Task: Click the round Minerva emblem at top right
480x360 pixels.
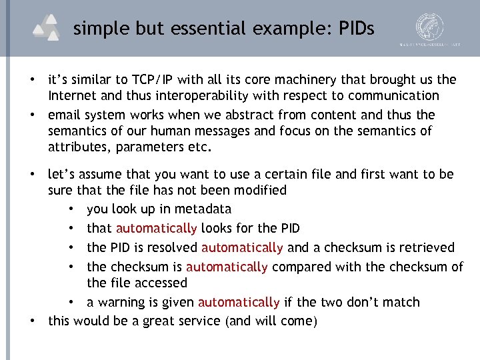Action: (x=430, y=27)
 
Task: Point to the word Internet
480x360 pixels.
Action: (x=73, y=96)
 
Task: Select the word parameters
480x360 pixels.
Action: (x=149, y=147)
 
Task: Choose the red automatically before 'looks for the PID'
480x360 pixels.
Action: (x=156, y=229)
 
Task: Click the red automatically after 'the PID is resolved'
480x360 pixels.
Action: (x=242, y=248)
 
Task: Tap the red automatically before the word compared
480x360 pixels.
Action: (x=227, y=267)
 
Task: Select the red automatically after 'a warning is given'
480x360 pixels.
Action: (x=239, y=303)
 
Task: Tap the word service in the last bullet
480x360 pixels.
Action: (x=201, y=321)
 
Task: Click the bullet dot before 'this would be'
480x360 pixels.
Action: (x=32, y=321)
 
